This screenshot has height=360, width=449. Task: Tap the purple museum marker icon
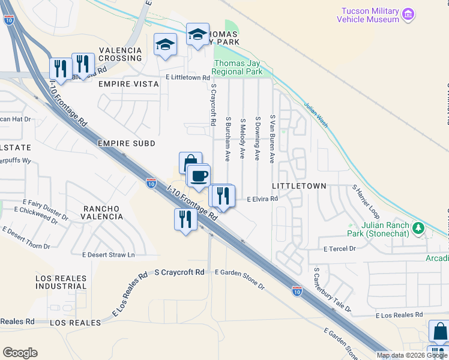pyautogui.click(x=408, y=14)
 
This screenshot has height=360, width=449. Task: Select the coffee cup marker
pyautogui.click(x=199, y=176)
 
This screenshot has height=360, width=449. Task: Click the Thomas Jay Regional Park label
pyautogui.click(x=239, y=67)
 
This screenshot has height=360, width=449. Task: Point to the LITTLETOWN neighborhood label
pyautogui.click(x=299, y=187)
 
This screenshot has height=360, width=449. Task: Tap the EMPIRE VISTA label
pyautogui.click(x=129, y=85)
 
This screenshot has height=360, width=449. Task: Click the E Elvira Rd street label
pyautogui.click(x=263, y=199)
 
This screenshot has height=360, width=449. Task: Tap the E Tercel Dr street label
pyautogui.click(x=340, y=248)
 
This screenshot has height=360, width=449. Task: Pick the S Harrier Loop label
pyautogui.click(x=366, y=202)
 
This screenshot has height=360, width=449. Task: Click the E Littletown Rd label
pyautogui.click(x=188, y=78)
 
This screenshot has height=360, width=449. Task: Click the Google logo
pyautogui.click(x=20, y=353)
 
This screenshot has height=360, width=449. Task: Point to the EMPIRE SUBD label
pyautogui.click(x=127, y=143)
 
